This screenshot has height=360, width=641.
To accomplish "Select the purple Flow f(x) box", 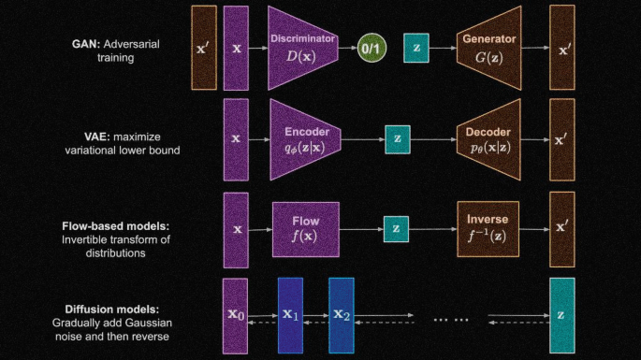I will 304,227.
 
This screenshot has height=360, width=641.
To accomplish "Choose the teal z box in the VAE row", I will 398,138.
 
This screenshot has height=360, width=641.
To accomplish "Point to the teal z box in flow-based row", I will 396,227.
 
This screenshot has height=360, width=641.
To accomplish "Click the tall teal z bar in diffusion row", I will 561,315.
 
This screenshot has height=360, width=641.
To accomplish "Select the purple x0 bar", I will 235,316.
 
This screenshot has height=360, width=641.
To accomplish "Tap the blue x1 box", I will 290,315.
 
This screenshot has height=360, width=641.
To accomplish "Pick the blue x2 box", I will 341,315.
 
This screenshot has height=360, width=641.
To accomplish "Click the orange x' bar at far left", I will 204,48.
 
